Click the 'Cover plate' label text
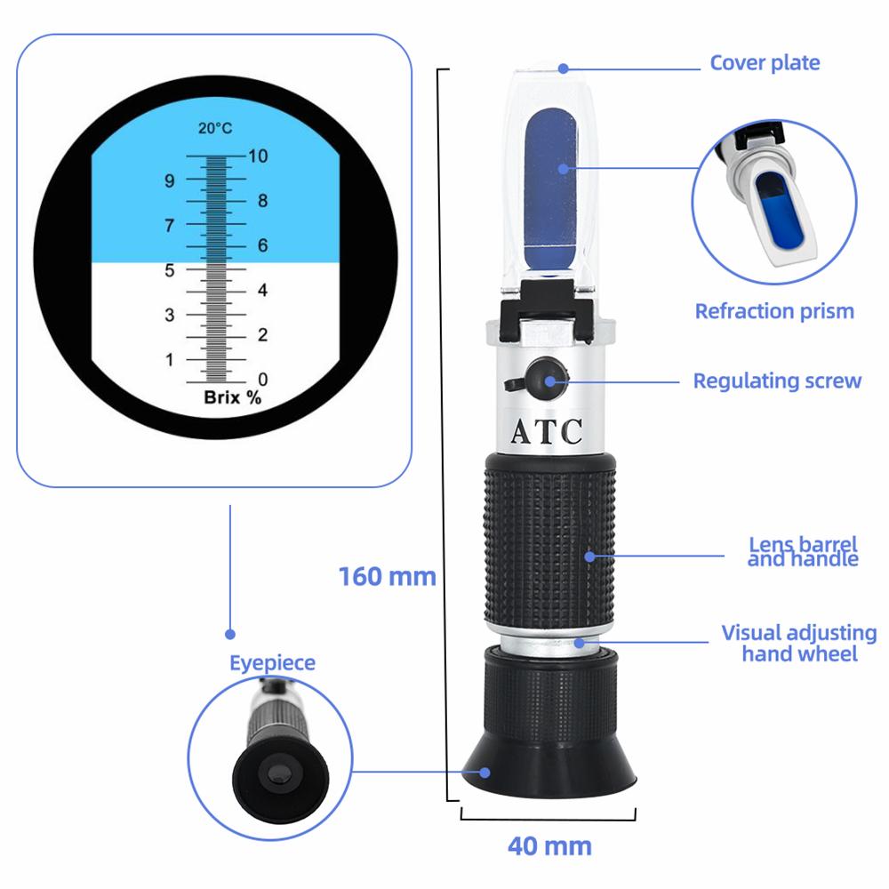coord(765,62)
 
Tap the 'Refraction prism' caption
coord(774,311)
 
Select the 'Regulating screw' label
coord(777,380)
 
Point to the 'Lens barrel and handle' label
coord(802,551)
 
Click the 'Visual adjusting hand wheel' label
coord(798,643)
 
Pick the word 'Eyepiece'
coord(272,662)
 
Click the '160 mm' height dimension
coord(387,576)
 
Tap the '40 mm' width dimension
coord(549,845)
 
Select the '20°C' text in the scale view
coord(215,128)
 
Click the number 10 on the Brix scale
coord(259,156)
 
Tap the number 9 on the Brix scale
coord(169,180)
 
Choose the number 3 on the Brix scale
coord(169,314)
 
